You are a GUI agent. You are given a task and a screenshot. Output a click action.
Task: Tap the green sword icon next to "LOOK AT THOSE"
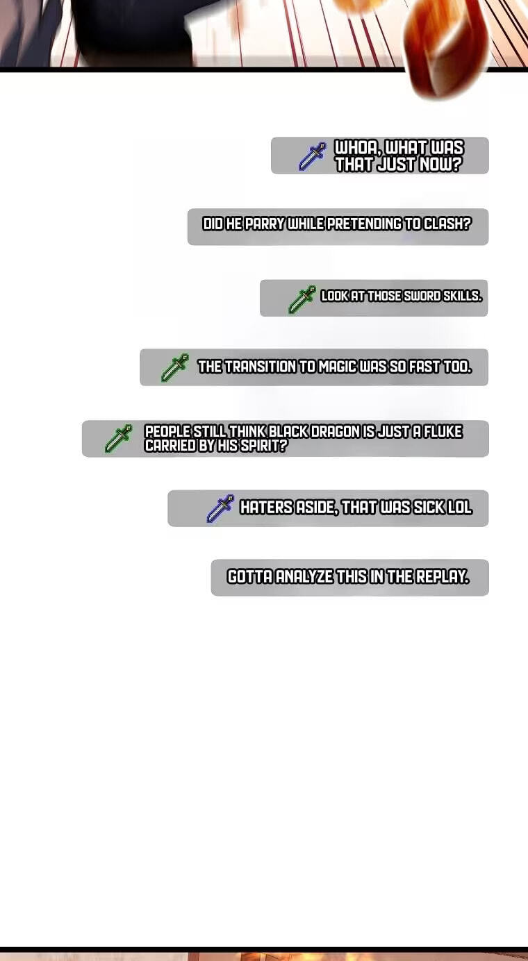click(302, 299)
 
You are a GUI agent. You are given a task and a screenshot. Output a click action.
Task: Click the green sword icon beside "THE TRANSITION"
click(174, 367)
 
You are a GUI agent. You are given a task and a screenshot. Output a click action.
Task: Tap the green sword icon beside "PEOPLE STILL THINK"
click(119, 438)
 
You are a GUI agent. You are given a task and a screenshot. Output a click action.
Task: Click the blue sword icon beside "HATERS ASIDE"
click(220, 508)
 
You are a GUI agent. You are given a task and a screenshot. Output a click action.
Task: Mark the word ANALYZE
click(304, 577)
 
